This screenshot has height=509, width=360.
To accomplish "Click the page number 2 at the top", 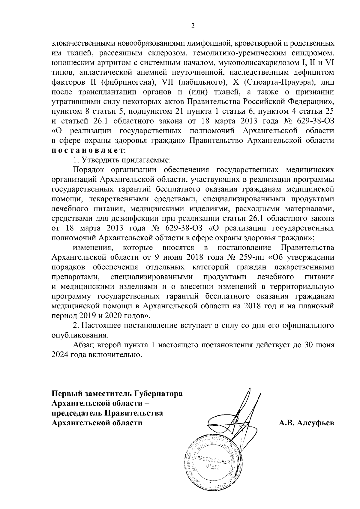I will pyautogui.click(x=193, y=26).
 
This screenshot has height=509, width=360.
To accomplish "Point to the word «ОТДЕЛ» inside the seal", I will pyautogui.click(x=213, y=467).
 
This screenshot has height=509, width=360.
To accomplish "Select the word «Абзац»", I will pyautogui.click(x=85, y=345).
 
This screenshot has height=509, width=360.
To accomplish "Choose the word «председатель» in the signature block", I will pyautogui.click(x=76, y=413).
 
